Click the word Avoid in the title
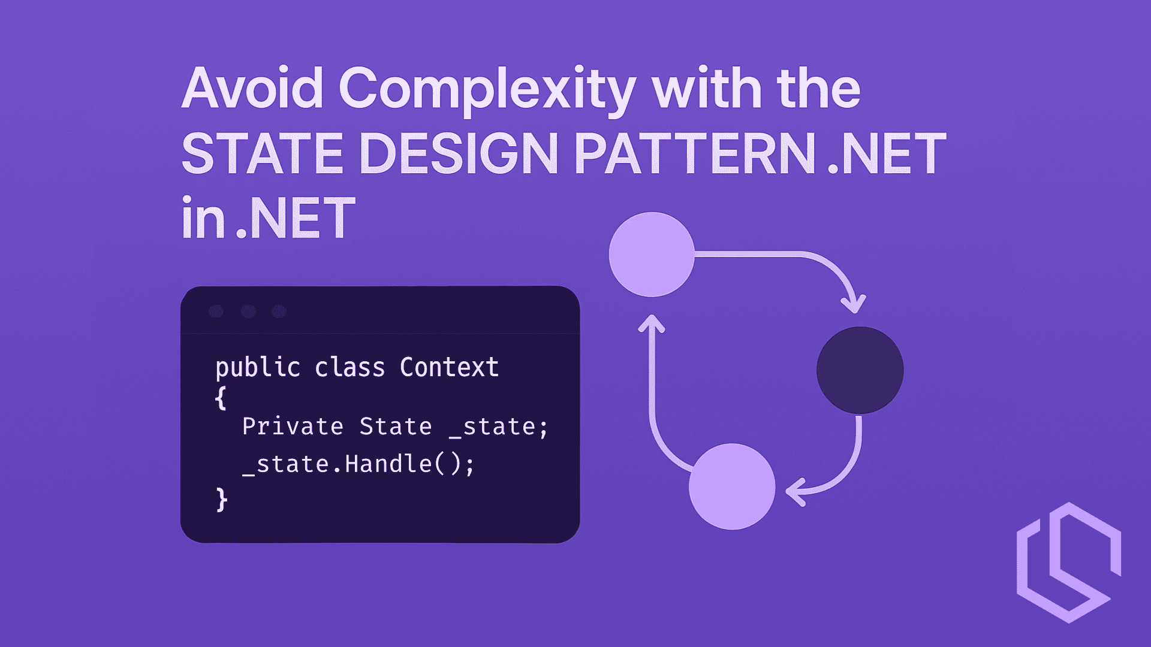(x=252, y=89)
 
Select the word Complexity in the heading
(x=487, y=90)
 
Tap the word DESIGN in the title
(x=459, y=153)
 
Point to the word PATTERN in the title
(x=695, y=153)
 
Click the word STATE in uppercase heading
(x=262, y=153)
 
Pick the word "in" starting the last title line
(x=203, y=218)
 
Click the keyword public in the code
(x=258, y=367)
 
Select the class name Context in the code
(x=449, y=367)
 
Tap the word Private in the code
(x=293, y=427)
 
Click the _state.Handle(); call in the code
(x=358, y=464)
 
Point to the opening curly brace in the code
(x=221, y=398)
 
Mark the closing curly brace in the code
(x=221, y=499)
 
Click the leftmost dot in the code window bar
(x=216, y=312)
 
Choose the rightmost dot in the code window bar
(x=279, y=312)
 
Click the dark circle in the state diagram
(x=860, y=370)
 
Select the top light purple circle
(x=652, y=255)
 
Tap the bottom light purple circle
(x=732, y=486)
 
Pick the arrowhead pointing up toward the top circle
(x=652, y=323)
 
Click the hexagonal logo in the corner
(x=1068, y=563)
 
